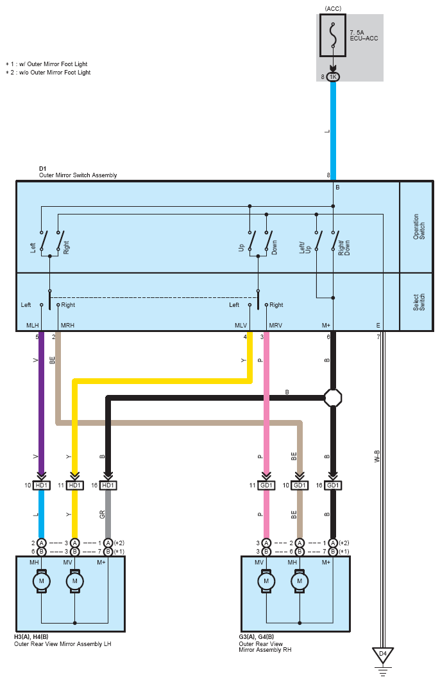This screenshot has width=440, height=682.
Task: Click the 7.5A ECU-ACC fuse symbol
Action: coord(333,35)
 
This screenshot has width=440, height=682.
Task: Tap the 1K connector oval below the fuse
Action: coord(333,77)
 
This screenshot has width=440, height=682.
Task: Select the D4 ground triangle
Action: coord(383,654)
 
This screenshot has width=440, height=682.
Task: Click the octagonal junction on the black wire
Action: coord(333,398)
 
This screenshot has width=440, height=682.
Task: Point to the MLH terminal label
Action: coord(33,326)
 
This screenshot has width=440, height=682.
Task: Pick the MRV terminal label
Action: coord(275,326)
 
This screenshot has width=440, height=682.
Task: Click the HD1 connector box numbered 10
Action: coord(41,485)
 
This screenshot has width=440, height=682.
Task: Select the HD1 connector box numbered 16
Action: coord(108,485)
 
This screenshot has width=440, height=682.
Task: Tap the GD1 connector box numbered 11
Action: coord(266,485)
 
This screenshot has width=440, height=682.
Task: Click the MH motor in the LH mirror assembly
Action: coord(41,581)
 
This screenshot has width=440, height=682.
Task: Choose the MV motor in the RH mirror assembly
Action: coord(266,581)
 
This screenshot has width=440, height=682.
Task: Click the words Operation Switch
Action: coord(419,227)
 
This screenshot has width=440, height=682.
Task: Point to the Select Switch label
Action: coord(419,302)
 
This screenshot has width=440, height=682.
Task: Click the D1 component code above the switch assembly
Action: coord(42,168)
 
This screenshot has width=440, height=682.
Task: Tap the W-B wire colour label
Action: coord(377,456)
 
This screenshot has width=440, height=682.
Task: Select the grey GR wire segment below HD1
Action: coord(108,514)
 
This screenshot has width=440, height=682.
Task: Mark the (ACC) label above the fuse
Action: coord(333,9)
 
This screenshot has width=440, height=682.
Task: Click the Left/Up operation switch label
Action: coord(305,248)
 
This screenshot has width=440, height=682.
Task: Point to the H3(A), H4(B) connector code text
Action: coord(31,637)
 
